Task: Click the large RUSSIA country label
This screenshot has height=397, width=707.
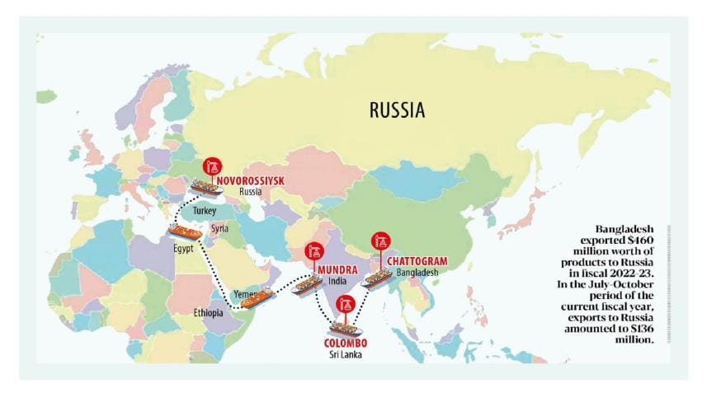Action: pyautogui.click(x=397, y=110)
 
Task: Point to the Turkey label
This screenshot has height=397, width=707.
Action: pyautogui.click(x=204, y=212)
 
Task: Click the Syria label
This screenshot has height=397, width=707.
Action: pyautogui.click(x=219, y=228)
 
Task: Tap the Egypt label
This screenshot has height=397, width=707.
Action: pyautogui.click(x=183, y=248)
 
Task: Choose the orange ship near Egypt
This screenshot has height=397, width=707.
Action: pyautogui.click(x=184, y=231)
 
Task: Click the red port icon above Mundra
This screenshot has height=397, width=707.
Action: pyautogui.click(x=313, y=251)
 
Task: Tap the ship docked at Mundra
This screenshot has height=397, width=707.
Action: pyautogui.click(x=307, y=285)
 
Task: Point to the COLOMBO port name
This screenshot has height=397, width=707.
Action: pyautogui.click(x=345, y=343)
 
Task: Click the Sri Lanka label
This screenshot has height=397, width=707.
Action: pyautogui.click(x=345, y=355)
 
